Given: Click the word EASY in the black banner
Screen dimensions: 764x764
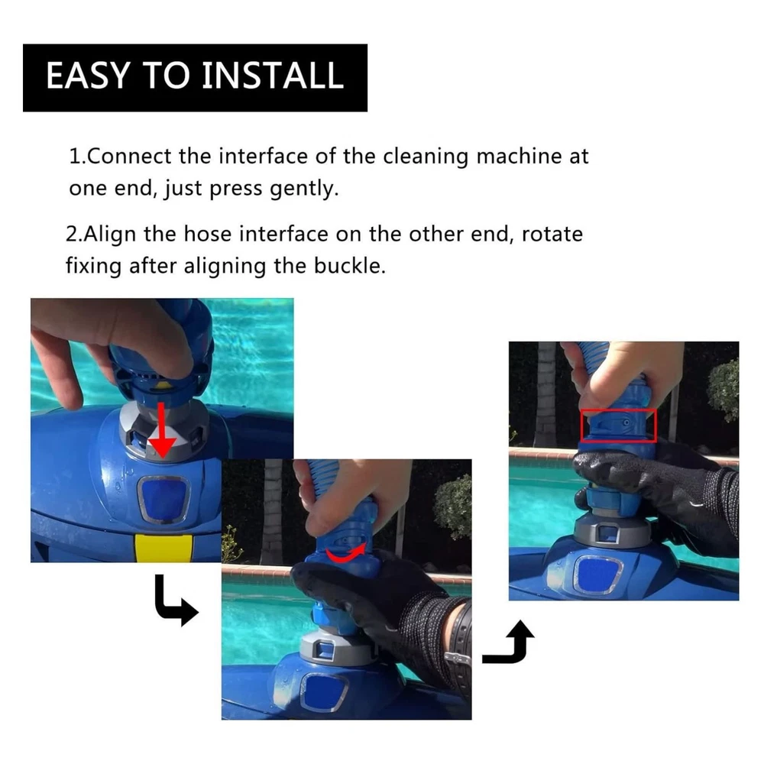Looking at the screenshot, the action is [x=88, y=76].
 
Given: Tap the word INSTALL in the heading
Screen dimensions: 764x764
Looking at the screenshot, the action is [x=273, y=76].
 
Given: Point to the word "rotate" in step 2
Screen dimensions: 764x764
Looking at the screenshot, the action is [x=552, y=235].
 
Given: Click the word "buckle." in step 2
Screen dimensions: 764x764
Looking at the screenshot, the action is [x=349, y=266].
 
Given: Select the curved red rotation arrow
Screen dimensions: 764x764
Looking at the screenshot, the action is [x=345, y=553].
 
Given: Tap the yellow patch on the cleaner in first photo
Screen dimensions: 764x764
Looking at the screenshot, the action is [x=163, y=548].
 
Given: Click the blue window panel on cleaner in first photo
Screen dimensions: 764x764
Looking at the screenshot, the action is [x=163, y=499].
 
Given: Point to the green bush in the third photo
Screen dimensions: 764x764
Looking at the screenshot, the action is [x=723, y=389].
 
